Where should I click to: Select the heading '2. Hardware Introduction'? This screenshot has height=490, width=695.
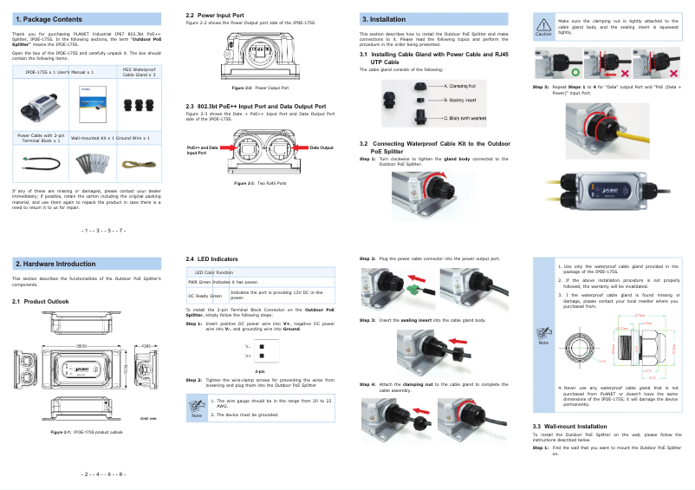pyautogui.click(x=55, y=264)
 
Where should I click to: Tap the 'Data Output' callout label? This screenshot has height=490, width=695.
pyautogui.click(x=321, y=148)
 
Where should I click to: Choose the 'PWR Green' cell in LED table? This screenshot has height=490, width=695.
pyautogui.click(x=199, y=282)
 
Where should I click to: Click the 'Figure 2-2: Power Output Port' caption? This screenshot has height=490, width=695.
pyautogui.click(x=260, y=88)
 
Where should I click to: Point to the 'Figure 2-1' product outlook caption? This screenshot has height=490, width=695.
pyautogui.click(x=87, y=431)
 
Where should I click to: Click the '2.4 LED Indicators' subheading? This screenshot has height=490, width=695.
pyautogui.click(x=213, y=258)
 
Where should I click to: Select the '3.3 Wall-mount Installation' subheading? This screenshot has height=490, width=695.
pyautogui.click(x=569, y=426)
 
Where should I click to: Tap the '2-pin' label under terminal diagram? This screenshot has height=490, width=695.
pyautogui.click(x=260, y=371)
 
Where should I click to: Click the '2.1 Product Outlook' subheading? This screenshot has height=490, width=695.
pyautogui.click(x=40, y=301)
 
